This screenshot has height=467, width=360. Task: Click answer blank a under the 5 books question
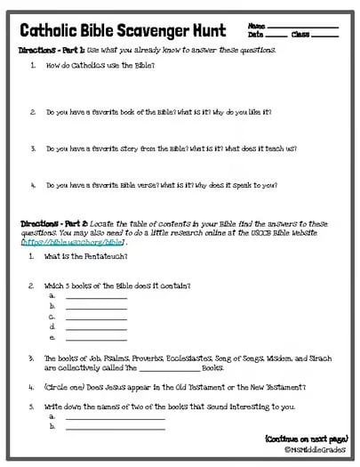point(96,296)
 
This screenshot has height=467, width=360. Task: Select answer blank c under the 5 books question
point(96,317)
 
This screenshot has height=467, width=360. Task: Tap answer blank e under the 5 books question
point(96,338)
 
